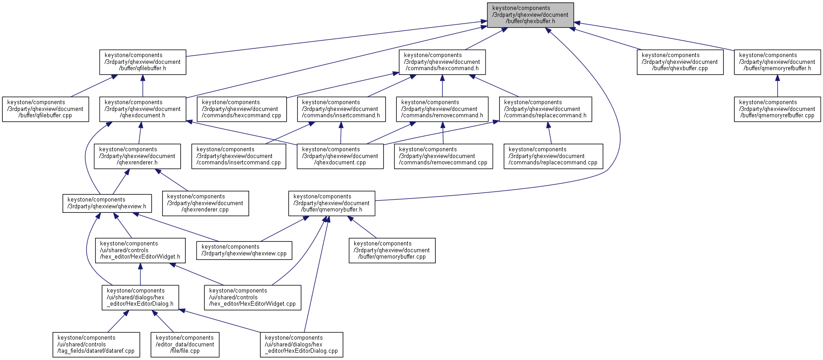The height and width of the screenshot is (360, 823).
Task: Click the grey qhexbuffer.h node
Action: pos(530,15)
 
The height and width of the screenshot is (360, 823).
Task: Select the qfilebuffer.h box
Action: pos(143,62)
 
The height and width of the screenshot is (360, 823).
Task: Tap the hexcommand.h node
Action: pos(442,62)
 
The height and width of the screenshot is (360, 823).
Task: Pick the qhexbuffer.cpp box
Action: pos(680,62)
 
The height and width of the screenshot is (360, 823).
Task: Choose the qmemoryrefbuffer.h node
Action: pos(777,62)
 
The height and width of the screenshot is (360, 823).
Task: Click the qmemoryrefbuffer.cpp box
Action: pos(777,109)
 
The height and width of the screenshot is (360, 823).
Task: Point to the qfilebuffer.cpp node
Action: pos(45,109)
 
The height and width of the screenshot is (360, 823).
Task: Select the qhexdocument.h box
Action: pos(143,109)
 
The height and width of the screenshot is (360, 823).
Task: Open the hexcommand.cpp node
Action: pos(242,109)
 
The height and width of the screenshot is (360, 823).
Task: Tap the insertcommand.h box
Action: pos(342,109)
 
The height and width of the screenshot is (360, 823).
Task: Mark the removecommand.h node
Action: pos(442,109)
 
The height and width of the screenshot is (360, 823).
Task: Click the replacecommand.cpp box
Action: pos(553,156)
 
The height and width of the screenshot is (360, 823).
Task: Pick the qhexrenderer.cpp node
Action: pos(205,203)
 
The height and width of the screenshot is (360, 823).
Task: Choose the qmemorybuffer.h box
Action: pos(332,203)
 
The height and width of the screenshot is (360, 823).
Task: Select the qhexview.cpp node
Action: pos(244,250)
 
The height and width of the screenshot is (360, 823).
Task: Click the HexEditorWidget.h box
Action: pos(140,250)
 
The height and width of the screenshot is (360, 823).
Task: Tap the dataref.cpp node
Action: pos(96,345)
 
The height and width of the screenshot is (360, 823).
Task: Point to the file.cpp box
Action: pos(185,345)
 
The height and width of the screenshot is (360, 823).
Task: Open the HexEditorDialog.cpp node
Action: pos(301,345)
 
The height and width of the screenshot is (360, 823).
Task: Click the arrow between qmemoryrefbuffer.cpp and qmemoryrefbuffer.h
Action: pos(777,86)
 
